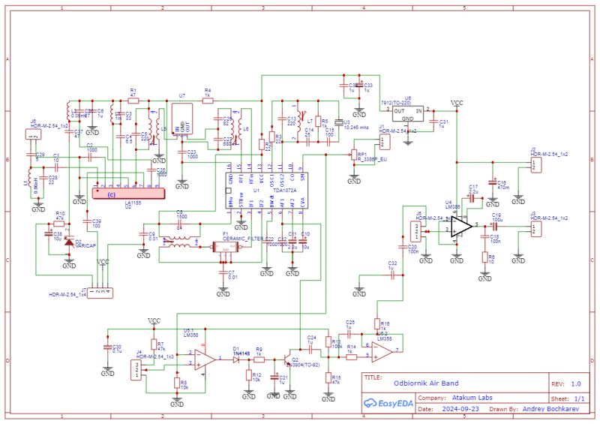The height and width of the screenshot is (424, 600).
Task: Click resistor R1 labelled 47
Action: pyautogui.click(x=133, y=99)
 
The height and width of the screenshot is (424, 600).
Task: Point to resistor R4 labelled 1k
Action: pyautogui.click(x=208, y=99)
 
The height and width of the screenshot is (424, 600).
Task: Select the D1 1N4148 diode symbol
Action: pyautogui.click(x=235, y=359)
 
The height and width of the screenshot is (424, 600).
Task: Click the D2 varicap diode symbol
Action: pyautogui.click(x=69, y=243)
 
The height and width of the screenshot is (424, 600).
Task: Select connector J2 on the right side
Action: pyautogui.click(x=534, y=165)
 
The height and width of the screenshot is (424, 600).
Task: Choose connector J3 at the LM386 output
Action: pyautogui.click(x=534, y=227)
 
